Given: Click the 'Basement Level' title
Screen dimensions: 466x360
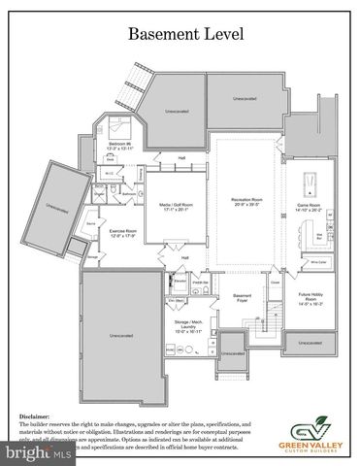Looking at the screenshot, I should point(180,33).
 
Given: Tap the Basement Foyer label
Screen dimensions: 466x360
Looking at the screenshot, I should point(241,297).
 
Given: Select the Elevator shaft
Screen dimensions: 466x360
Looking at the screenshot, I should point(180,281).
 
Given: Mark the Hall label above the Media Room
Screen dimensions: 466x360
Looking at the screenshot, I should point(181,158).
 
